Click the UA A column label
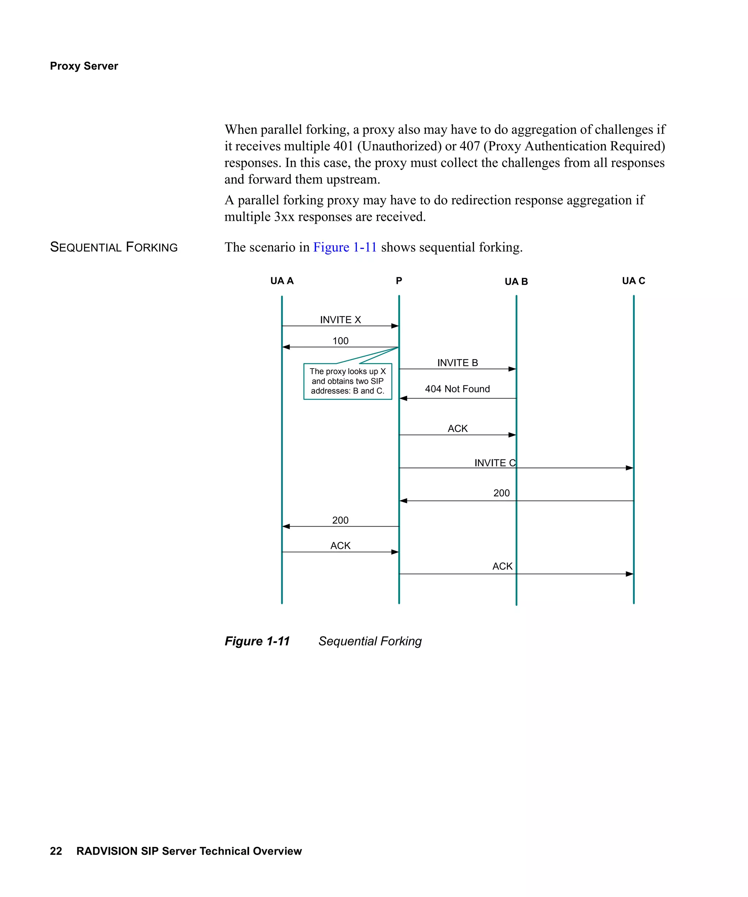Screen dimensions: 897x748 pyautogui.click(x=282, y=281)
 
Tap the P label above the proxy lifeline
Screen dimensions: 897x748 pyautogui.click(x=399, y=281)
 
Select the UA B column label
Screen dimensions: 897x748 pyautogui.click(x=516, y=281)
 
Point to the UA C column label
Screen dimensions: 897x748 pyautogui.click(x=633, y=281)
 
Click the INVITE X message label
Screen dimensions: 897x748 pyautogui.click(x=340, y=320)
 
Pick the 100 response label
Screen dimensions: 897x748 pyautogui.click(x=340, y=341)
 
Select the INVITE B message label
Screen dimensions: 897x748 pyautogui.click(x=457, y=363)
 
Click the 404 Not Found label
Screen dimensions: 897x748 pyautogui.click(x=457, y=389)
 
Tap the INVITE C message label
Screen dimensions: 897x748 pyautogui.click(x=495, y=463)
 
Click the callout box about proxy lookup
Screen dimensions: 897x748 pyautogui.click(x=347, y=381)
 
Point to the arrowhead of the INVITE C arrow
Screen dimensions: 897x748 pyautogui.click(x=630, y=468)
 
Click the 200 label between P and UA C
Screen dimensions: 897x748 pyautogui.click(x=501, y=493)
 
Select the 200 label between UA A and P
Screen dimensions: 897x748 pyautogui.click(x=340, y=520)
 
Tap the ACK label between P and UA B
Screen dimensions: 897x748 pyautogui.click(x=457, y=428)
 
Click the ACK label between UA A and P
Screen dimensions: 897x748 pyautogui.click(x=340, y=546)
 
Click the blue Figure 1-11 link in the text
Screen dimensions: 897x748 pyautogui.click(x=344, y=247)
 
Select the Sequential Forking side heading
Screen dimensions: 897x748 pyautogui.click(x=114, y=247)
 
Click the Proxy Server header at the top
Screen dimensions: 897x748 pyautogui.click(x=84, y=66)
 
